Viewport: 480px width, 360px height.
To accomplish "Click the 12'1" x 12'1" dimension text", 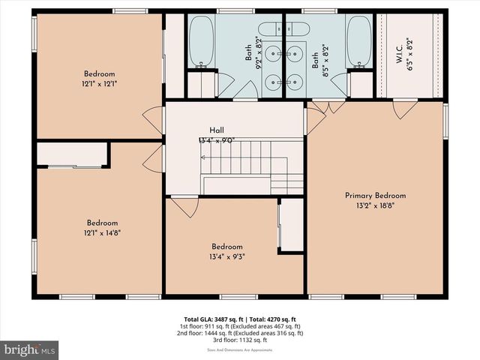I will [99, 84].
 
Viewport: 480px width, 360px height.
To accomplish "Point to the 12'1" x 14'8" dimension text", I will [101, 233].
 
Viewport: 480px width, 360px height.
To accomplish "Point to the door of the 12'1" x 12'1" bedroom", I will [153, 118].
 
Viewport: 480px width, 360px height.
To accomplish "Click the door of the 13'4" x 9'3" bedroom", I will [184, 205].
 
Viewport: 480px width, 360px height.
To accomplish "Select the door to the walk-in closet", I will [406, 109].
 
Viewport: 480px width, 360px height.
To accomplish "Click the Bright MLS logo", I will [30, 349].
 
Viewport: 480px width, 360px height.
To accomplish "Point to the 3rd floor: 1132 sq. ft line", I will [240, 341].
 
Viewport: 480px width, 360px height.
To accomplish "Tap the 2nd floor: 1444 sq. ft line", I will [240, 334].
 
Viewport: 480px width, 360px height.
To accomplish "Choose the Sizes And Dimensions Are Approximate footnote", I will [240, 349].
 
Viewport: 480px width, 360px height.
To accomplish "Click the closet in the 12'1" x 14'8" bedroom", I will [73, 155].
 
